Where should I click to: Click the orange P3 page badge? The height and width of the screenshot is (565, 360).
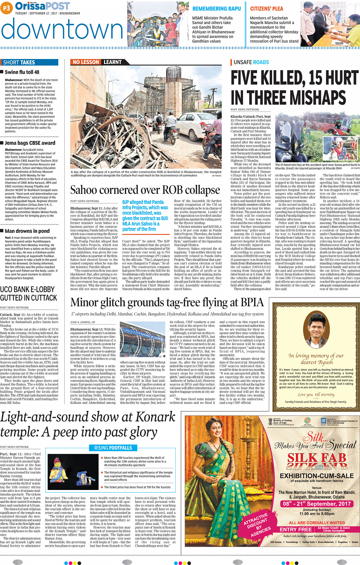click(6, 8)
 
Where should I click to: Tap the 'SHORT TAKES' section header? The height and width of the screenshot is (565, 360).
click(19, 62)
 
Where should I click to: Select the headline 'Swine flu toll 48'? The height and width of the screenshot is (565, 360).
click(22, 72)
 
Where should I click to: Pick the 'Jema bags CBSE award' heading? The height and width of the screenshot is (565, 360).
click(30, 143)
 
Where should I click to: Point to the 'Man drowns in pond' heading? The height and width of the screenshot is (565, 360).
click(27, 231)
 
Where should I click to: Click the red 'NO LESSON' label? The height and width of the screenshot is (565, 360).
click(86, 62)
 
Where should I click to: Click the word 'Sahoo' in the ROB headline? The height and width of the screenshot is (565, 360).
click(83, 190)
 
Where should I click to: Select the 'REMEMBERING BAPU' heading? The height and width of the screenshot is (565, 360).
click(216, 8)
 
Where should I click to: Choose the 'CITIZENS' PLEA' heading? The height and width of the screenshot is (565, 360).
click(267, 8)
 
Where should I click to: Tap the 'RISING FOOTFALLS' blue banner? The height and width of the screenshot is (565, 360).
click(113, 448)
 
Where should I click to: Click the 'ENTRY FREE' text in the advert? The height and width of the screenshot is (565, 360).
click(296, 530)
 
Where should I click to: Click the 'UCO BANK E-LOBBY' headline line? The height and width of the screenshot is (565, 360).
click(27, 289)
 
